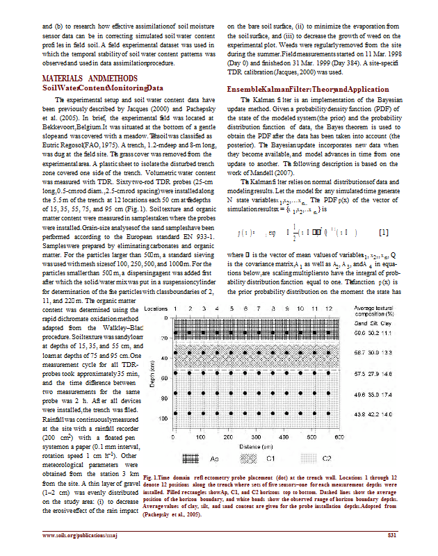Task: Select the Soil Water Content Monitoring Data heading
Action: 103,88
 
